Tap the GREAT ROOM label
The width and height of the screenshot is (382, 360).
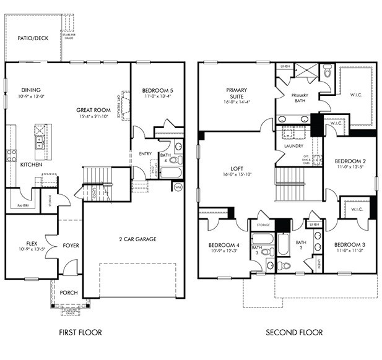pos(93,109)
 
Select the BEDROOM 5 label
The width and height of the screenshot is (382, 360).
pos(157,90)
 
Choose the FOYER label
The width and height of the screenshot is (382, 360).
pos(71,246)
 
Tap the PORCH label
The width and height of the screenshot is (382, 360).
pos(69,293)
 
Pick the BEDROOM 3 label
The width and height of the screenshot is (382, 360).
pos(350,244)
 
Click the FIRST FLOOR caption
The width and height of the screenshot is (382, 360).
pos(80,332)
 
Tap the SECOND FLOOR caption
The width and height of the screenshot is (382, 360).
pos(294,332)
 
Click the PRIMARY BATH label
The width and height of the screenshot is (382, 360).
pos(300,97)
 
